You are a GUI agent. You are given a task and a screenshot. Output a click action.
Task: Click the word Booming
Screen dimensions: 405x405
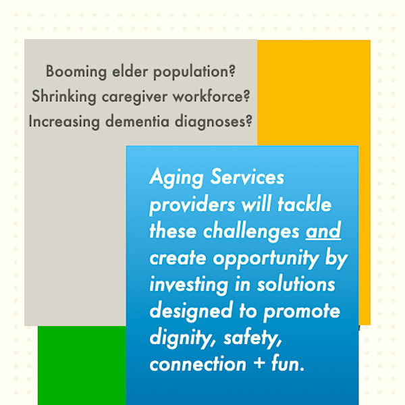point(76,72)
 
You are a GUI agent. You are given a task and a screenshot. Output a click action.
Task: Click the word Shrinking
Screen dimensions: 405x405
point(64,97)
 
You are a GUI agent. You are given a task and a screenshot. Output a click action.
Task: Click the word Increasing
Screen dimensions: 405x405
point(64,122)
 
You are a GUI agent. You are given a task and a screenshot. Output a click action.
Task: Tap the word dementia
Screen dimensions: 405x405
point(137,121)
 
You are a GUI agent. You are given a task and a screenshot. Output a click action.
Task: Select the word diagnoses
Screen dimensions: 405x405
point(210,122)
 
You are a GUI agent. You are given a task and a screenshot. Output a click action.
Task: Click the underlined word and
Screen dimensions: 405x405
point(323,230)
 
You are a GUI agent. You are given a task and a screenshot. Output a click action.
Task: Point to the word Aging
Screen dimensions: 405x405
point(176,178)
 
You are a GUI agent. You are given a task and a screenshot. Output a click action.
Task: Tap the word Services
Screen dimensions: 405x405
point(247,177)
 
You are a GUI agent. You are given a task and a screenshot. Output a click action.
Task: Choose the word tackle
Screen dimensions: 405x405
point(304,204)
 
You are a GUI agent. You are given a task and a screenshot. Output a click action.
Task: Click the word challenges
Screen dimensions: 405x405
point(251,232)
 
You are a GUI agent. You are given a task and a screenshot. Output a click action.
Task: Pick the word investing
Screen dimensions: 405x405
point(189,285)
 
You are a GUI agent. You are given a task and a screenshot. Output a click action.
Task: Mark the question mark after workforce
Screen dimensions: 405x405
point(247,96)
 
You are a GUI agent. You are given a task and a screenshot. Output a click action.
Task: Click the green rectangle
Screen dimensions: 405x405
point(82,365)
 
